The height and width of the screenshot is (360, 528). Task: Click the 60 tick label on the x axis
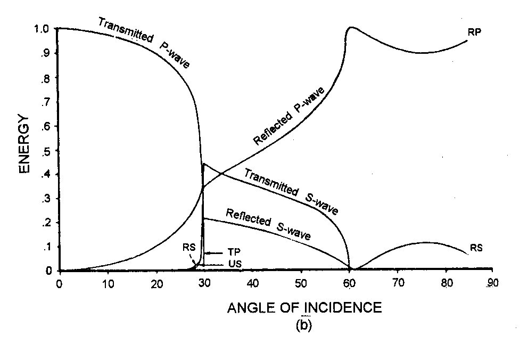[350, 282]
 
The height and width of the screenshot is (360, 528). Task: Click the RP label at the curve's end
[475, 32]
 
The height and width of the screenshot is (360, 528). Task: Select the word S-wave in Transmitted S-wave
[322, 204]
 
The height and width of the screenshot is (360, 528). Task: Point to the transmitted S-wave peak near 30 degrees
[203, 164]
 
